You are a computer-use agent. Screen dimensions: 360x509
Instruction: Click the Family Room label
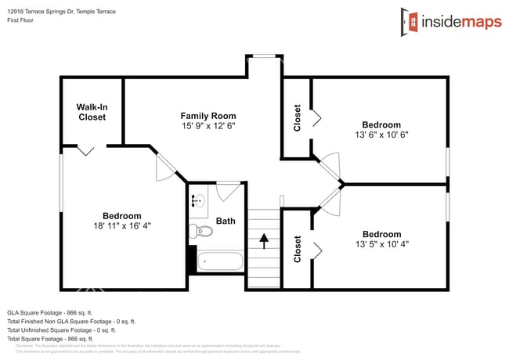click(208, 116)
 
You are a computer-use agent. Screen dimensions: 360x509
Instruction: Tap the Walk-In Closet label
click(92, 112)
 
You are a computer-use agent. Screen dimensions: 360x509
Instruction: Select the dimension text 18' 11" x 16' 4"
click(122, 225)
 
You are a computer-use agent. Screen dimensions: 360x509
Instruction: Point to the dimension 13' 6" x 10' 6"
click(381, 134)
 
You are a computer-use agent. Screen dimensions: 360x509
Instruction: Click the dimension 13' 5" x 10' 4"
click(381, 243)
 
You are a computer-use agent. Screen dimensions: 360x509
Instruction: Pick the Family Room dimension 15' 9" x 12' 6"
click(208, 125)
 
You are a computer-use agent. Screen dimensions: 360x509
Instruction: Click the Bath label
click(226, 221)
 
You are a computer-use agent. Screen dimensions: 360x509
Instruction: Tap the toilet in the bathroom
click(203, 231)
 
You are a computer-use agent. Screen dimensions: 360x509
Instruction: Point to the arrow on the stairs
click(264, 240)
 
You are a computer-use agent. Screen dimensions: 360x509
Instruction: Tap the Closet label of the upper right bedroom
click(297, 118)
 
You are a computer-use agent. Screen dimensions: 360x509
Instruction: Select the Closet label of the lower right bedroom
click(297, 249)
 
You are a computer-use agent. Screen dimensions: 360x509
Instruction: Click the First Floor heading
click(23, 21)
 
